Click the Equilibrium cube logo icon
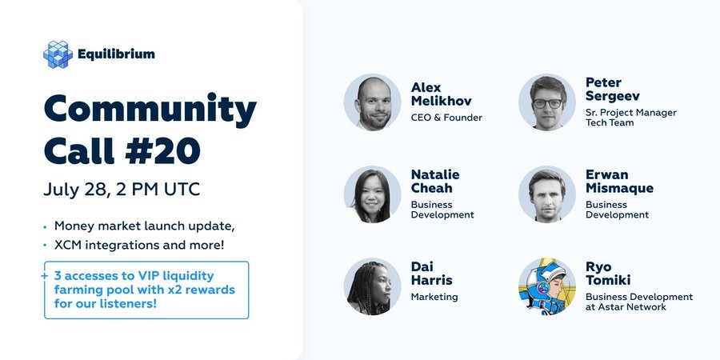click(x=58, y=54)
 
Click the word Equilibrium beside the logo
click(x=116, y=54)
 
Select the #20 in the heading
click(x=163, y=150)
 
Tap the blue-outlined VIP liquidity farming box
click(x=146, y=290)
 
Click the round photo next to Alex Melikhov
click(x=372, y=102)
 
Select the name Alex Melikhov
click(x=442, y=94)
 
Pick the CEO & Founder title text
click(x=446, y=118)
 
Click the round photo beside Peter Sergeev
click(x=547, y=102)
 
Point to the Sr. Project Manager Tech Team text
click(x=631, y=118)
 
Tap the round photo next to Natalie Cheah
click(x=372, y=194)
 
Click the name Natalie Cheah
click(x=435, y=182)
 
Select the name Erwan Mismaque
click(x=619, y=182)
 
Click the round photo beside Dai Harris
click(x=372, y=286)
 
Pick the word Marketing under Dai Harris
click(x=434, y=297)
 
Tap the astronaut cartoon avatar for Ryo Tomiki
click(x=547, y=286)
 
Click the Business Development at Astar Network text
click(x=639, y=302)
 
